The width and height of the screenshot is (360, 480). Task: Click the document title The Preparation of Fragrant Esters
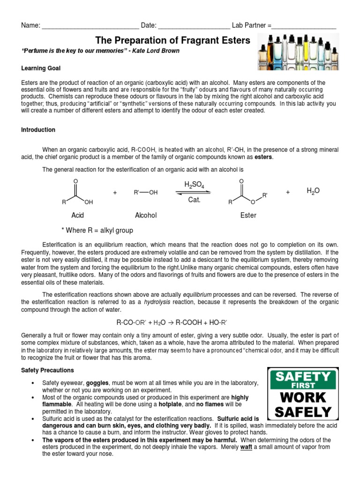(173, 41)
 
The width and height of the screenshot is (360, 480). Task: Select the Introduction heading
(38, 130)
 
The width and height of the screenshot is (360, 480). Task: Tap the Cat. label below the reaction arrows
(194, 200)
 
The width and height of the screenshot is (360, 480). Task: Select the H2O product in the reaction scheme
(313, 191)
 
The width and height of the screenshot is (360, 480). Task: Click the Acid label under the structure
(77, 215)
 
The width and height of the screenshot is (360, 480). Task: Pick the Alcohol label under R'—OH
(146, 215)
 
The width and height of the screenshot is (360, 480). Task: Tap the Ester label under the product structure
(248, 215)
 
